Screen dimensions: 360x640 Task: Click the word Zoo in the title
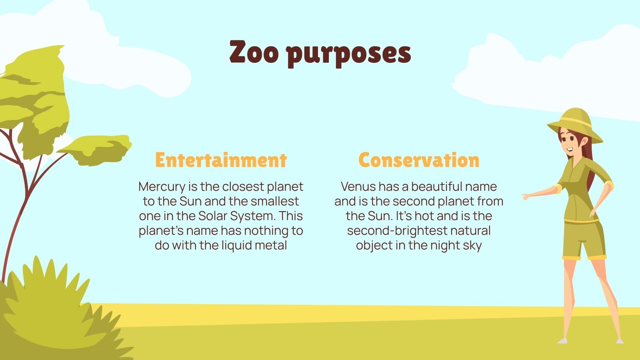click(x=254, y=53)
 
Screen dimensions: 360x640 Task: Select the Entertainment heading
click(x=221, y=160)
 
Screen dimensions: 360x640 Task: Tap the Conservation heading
click(x=419, y=160)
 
